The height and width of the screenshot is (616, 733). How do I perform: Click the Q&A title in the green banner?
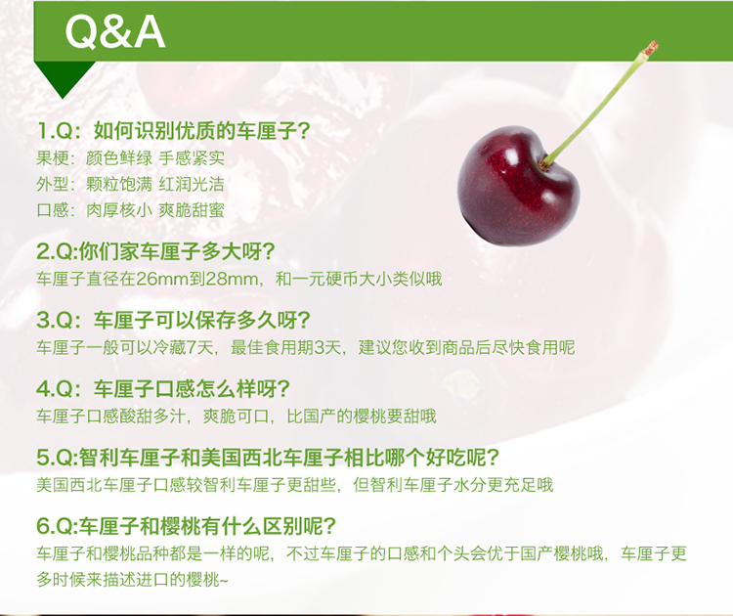115,32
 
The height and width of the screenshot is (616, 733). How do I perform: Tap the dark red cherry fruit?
518,186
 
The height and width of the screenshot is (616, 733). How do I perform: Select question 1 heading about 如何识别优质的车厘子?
173,130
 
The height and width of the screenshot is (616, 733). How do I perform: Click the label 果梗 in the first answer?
53,158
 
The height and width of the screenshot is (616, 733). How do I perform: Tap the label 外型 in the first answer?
53,184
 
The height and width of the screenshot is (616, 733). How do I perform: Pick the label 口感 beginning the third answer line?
53,210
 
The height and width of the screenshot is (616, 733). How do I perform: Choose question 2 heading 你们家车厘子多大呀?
155,252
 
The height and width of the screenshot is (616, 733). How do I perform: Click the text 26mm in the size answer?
161,280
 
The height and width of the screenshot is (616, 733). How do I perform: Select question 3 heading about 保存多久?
173,321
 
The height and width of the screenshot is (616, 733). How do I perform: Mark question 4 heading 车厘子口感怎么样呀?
163,389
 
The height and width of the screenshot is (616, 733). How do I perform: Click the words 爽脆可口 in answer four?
237,417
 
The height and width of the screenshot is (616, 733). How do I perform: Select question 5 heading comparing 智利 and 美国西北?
269,458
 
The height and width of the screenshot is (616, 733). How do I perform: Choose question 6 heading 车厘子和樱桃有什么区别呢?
186,526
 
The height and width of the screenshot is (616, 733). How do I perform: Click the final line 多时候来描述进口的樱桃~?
132,580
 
